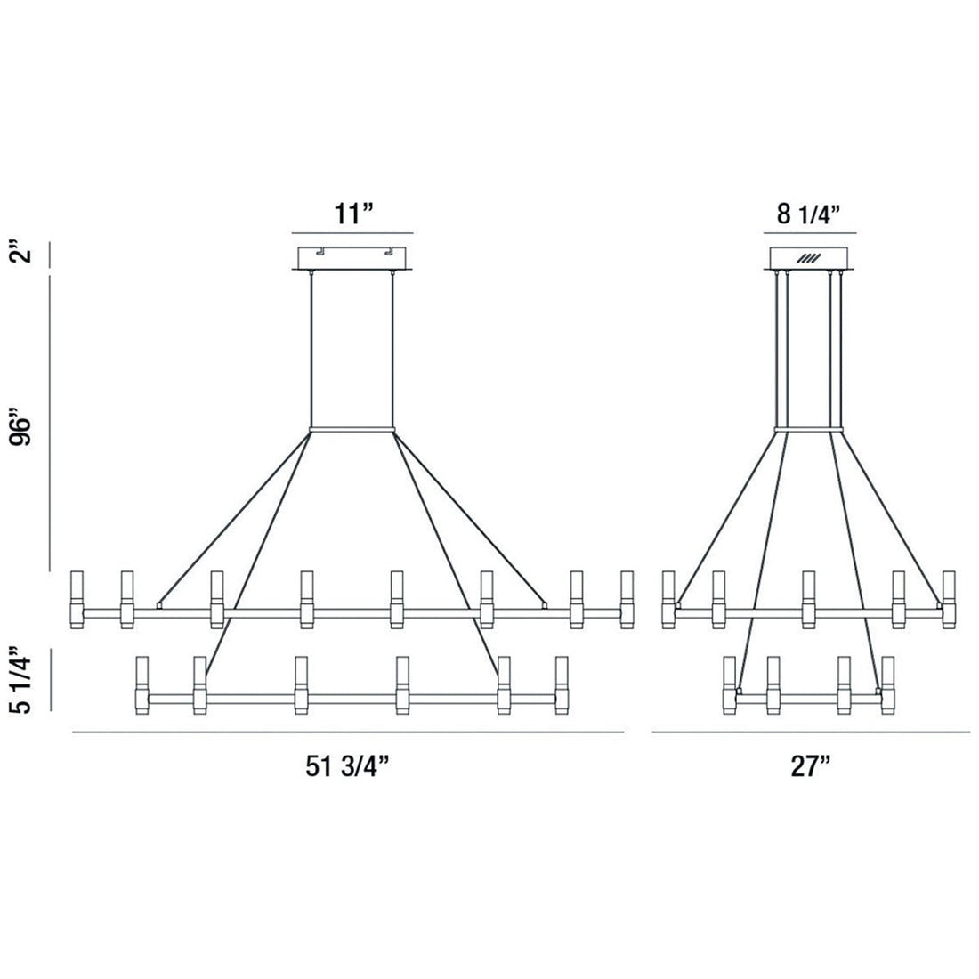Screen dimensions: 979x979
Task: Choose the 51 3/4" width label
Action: (x=347, y=767)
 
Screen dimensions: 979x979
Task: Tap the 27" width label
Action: (x=811, y=767)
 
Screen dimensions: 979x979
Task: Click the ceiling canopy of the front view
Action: (x=353, y=257)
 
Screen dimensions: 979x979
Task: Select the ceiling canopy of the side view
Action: (x=811, y=257)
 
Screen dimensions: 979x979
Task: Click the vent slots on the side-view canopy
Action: (x=809, y=258)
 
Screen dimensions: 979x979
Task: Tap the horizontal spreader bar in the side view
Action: (x=809, y=431)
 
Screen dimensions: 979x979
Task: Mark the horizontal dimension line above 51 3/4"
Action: (x=347, y=732)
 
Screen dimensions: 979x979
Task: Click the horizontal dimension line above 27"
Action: (x=811, y=732)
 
